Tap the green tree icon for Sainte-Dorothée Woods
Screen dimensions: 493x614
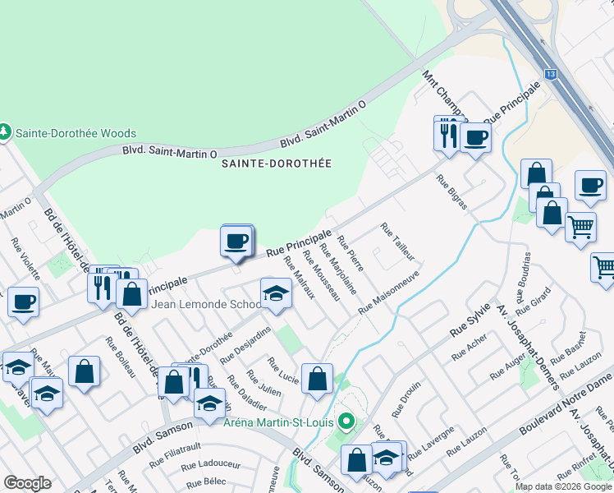pos(5,132)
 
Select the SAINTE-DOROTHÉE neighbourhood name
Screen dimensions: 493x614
pos(277,164)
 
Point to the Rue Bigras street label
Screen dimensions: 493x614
pos(451,192)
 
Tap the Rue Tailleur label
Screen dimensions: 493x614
pos(398,241)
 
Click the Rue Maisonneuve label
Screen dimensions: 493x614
pos(388,291)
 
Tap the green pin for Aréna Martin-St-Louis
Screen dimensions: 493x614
pos(346,422)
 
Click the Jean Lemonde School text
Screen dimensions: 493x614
pos(205,304)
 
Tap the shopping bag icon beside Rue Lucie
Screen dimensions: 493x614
pos(317,380)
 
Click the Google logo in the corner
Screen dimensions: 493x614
pos(27,483)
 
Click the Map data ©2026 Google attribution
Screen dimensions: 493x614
pos(563,486)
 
